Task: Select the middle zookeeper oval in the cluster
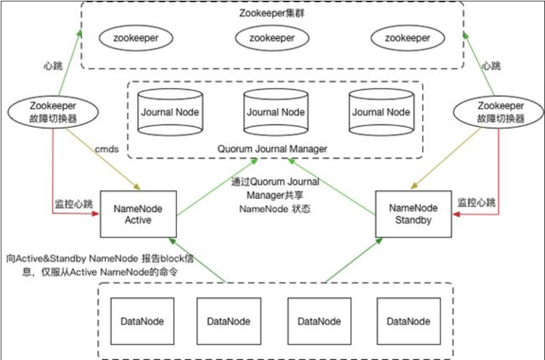(271, 36)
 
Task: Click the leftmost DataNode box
(142, 321)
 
